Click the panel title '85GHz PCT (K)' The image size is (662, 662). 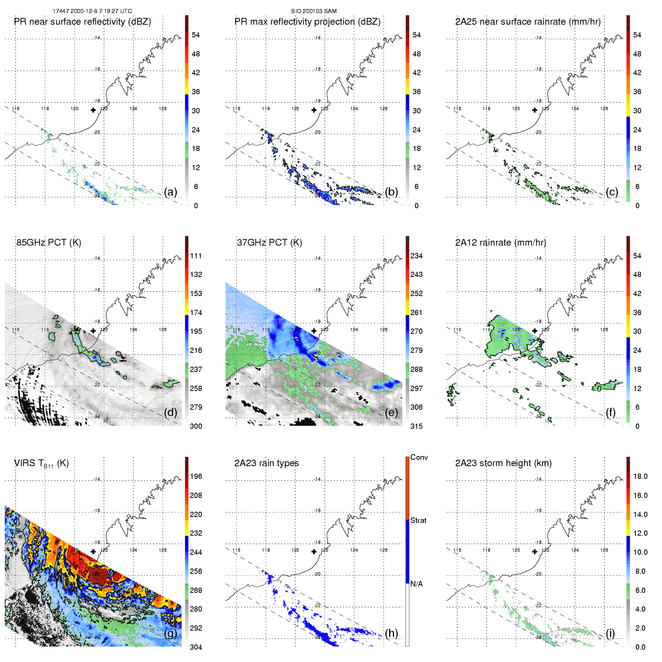point(49,243)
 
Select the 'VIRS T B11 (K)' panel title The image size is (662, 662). point(41,464)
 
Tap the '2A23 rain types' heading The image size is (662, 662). point(267,463)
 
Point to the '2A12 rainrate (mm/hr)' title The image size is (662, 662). point(501,243)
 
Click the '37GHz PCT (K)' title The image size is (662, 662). point(269,243)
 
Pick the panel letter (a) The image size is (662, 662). point(170,192)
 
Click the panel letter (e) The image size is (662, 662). point(391,413)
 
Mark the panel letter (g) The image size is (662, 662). point(170,633)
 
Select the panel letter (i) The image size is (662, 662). point(610,633)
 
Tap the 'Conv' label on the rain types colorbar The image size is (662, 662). point(419,457)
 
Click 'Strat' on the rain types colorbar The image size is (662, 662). point(418,520)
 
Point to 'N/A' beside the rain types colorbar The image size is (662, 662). point(416,584)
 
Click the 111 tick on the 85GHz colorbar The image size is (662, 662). point(196,256)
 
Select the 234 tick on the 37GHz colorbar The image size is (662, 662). point(416,256)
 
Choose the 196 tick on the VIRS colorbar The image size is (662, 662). point(196,476)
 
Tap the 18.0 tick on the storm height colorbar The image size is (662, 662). point(640,476)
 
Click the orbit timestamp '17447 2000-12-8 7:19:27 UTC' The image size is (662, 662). point(92,11)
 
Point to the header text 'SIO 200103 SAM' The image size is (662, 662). point(314,11)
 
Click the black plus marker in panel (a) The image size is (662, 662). point(93,110)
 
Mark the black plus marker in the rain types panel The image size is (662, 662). point(314,551)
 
